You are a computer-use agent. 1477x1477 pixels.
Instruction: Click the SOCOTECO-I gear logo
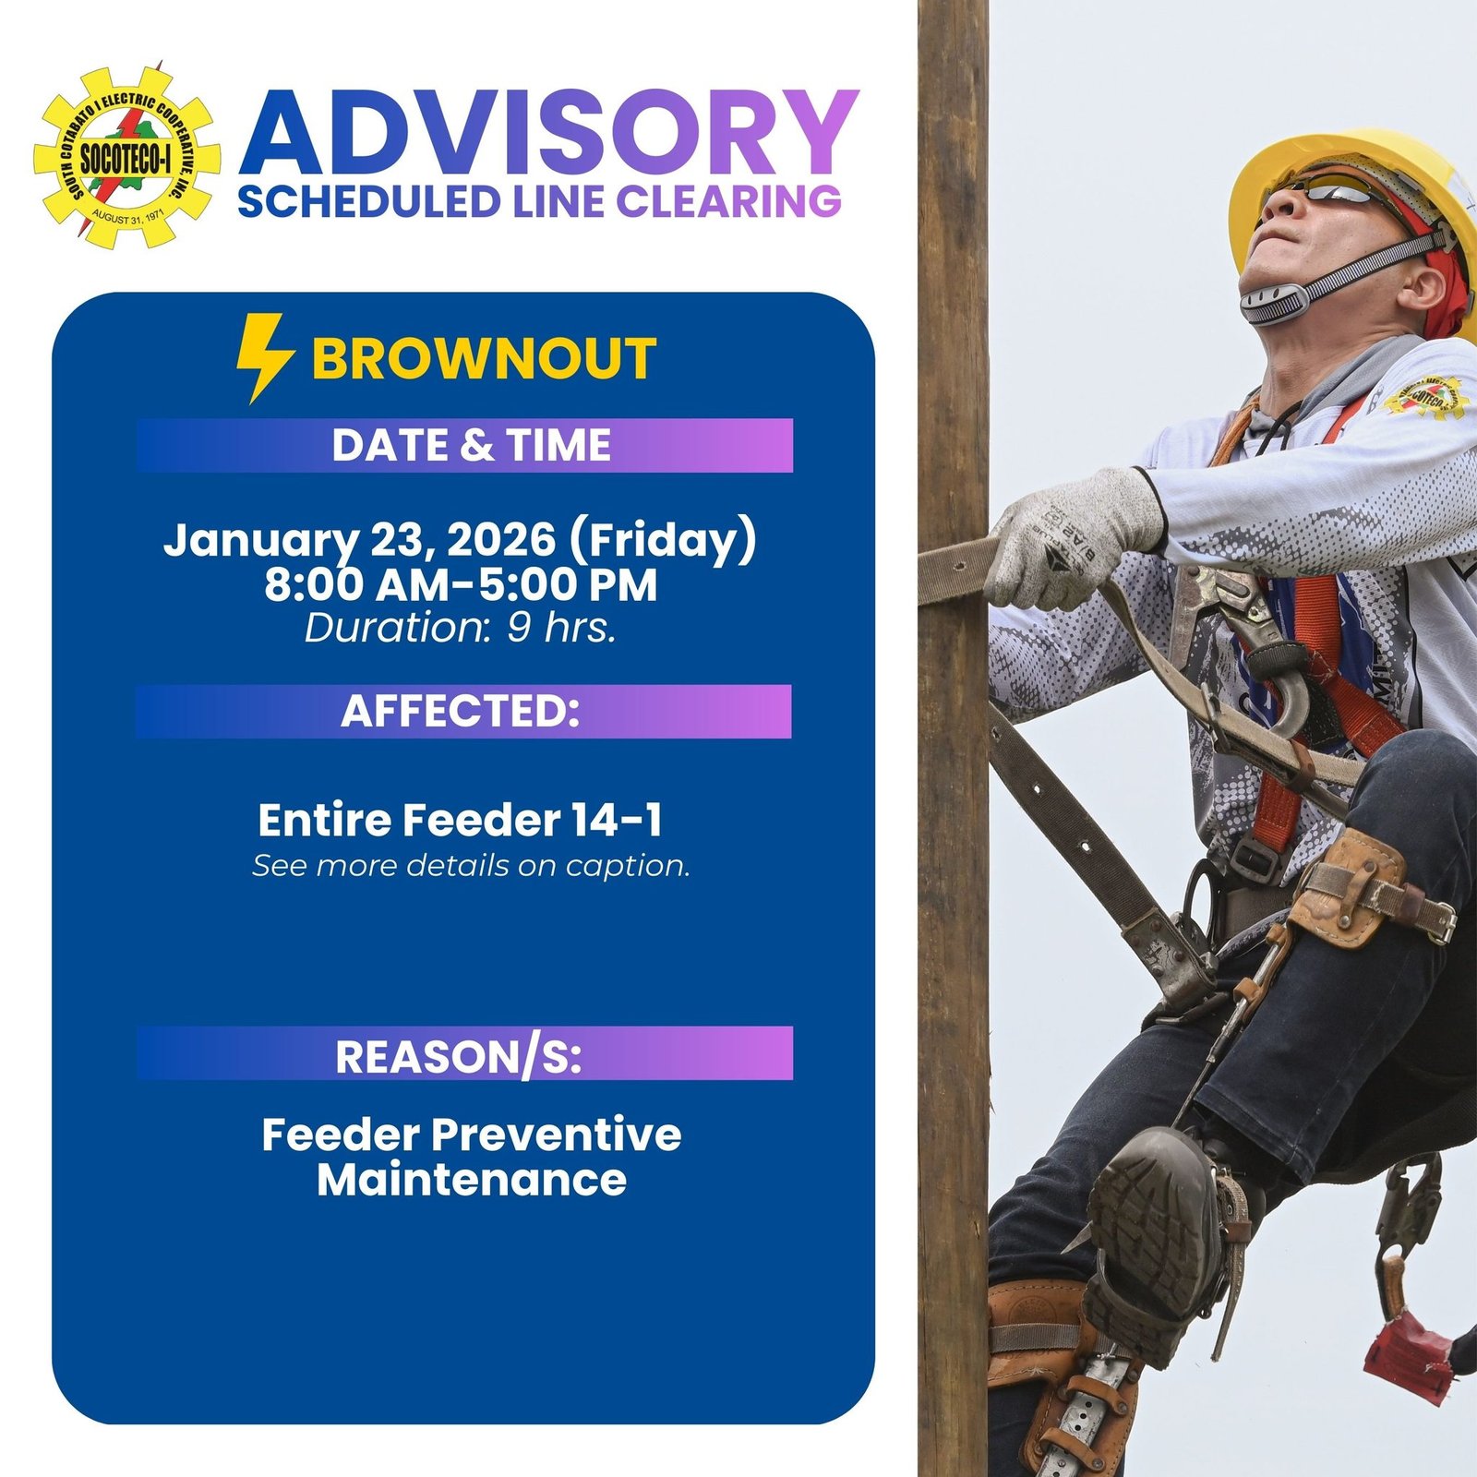[126, 156]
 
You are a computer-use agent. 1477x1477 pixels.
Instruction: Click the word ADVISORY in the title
[548, 134]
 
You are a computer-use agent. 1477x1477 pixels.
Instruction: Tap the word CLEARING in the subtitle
[728, 201]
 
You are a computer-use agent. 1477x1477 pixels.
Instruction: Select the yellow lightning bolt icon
[263, 358]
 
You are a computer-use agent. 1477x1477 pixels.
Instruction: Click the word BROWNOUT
[484, 359]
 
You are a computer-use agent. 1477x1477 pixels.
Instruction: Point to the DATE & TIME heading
[471, 445]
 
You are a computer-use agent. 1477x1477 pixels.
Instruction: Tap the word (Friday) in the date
[663, 541]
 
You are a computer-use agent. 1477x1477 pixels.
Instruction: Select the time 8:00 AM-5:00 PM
[461, 585]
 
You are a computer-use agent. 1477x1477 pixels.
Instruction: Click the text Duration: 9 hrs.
[461, 628]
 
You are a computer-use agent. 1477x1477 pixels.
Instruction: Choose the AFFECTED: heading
[461, 711]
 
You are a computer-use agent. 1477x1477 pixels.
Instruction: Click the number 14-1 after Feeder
[616, 820]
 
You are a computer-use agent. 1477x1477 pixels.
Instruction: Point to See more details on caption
[471, 866]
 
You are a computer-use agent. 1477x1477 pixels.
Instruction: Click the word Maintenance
[471, 1180]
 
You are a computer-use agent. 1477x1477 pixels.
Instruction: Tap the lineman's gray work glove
[1071, 535]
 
